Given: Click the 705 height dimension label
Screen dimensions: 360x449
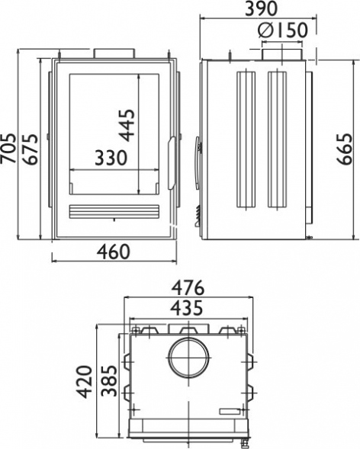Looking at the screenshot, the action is (8, 149).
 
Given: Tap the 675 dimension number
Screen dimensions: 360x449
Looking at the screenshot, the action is (31, 149).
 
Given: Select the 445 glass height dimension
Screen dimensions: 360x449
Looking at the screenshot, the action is (127, 125).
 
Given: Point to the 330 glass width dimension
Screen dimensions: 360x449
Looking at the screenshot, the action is (111, 158).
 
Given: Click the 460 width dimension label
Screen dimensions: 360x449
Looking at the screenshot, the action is (114, 252).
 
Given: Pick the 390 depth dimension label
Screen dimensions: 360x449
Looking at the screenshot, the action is (262, 8).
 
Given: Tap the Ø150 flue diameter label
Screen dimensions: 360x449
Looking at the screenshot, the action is (283, 30).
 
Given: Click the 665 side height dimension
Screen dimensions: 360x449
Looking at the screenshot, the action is (344, 149).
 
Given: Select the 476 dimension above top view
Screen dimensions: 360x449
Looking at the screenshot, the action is (188, 287).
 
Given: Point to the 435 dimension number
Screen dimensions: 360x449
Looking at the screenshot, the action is (187, 308).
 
